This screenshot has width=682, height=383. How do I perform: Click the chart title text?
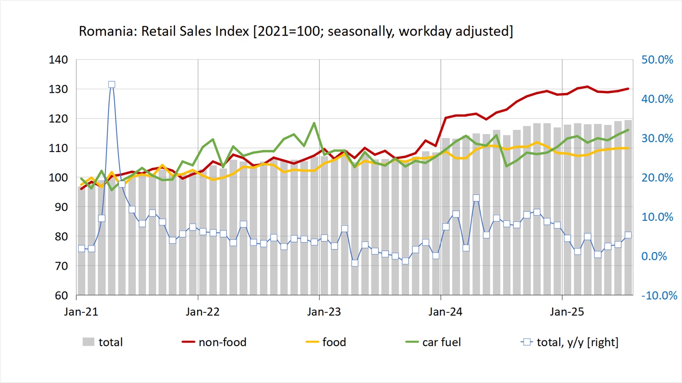[296, 31]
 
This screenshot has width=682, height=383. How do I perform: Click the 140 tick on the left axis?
[58, 60]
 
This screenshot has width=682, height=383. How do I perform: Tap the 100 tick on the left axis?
[58, 177]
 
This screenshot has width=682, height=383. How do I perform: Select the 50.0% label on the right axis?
[657, 60]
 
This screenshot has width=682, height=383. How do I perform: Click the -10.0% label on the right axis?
[659, 296]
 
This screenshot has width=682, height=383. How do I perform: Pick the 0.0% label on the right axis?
[654, 256]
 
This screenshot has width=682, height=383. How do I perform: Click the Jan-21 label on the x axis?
[81, 312]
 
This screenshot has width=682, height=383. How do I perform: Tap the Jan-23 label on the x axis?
[324, 312]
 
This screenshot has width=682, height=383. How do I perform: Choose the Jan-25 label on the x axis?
[567, 312]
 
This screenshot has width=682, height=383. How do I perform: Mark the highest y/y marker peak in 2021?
[112, 84]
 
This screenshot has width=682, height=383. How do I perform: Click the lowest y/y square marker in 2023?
[355, 263]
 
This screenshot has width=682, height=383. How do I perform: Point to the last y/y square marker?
[628, 235]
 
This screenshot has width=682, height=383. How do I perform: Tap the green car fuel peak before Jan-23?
[314, 123]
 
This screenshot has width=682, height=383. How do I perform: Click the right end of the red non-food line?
[628, 89]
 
